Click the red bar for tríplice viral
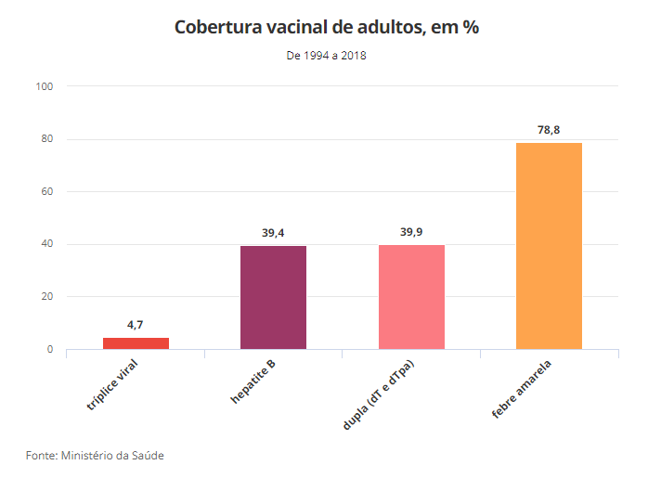pos(136,343)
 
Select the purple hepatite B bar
pos(273,297)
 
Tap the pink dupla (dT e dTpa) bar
pos(411,297)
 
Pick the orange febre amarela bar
pos(549,246)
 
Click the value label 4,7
pos(136,324)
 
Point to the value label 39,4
pos(273,232)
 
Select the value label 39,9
pos(411,231)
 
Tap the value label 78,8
pos(549,129)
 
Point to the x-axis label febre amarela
pos(525,384)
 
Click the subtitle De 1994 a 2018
pos(326,56)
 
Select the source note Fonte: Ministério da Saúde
pos(97,456)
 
